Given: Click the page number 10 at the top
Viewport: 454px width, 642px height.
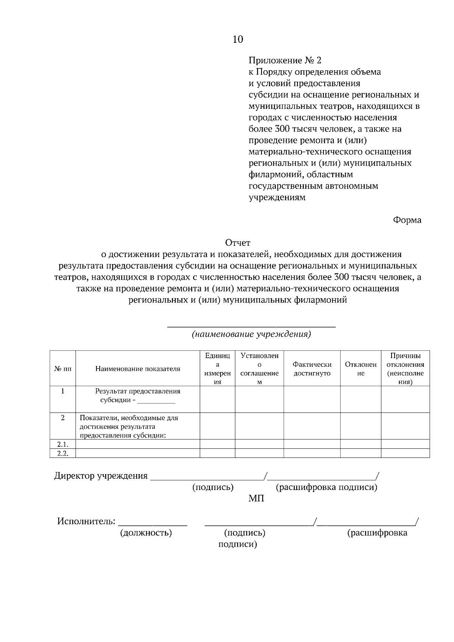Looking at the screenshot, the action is pyautogui.click(x=238, y=39).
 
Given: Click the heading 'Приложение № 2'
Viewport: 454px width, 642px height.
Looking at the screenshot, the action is pyautogui.click(x=285, y=60).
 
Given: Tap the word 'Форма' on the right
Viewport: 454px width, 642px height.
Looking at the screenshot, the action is pyautogui.click(x=407, y=220).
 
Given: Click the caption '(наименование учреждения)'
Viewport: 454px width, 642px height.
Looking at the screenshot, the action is pyautogui.click(x=251, y=335).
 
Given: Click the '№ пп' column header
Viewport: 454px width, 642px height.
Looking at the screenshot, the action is pyautogui.click(x=62, y=369).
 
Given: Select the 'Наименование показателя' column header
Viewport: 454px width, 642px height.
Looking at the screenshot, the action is pyautogui.click(x=138, y=369).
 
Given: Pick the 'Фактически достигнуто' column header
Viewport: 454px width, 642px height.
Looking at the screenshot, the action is pyautogui.click(x=312, y=369).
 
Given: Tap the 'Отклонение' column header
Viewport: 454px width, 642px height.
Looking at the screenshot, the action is pyautogui.click(x=361, y=369).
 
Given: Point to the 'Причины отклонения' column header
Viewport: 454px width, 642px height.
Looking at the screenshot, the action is pyautogui.click(x=405, y=369).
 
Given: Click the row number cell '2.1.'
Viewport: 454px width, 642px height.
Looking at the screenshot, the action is pyautogui.click(x=62, y=444).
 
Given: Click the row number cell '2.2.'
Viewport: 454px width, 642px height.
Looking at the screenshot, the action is pyautogui.click(x=62, y=453).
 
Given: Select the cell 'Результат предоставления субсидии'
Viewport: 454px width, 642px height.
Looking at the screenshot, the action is pyautogui.click(x=138, y=395).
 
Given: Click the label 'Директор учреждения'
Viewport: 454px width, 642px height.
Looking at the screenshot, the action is pyautogui.click(x=101, y=476).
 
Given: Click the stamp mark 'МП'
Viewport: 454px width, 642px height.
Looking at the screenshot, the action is pyautogui.click(x=256, y=499).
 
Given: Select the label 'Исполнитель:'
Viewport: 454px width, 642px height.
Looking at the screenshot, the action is pyautogui.click(x=86, y=522).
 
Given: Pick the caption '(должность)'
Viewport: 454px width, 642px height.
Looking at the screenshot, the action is pyautogui.click(x=146, y=533).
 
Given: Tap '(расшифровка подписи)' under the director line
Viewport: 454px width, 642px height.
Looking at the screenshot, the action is pyautogui.click(x=327, y=487).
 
